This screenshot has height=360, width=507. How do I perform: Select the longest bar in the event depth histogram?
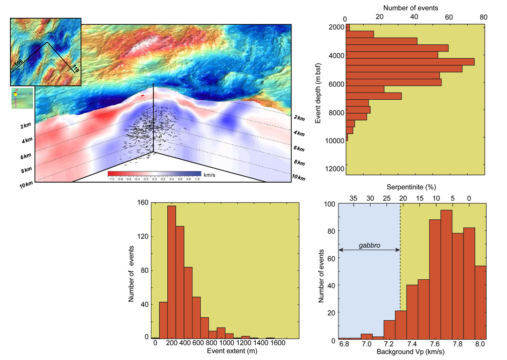click(410, 62)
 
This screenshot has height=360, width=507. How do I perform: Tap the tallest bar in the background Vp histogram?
click(446, 275)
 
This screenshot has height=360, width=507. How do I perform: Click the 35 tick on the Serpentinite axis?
click(354, 198)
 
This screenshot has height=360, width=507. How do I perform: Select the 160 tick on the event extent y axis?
click(144, 203)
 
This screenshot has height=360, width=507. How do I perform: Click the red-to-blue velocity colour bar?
click(154, 173)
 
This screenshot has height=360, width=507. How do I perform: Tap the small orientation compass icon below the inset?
click(22, 98)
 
